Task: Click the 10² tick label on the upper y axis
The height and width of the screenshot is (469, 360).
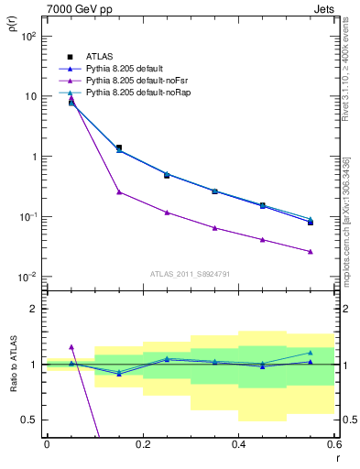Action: tap(29, 36)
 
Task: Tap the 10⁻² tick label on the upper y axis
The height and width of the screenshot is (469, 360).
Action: tap(29, 278)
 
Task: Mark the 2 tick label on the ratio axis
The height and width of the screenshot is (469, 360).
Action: tap(35, 309)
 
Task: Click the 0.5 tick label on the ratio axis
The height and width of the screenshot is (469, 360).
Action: tap(31, 420)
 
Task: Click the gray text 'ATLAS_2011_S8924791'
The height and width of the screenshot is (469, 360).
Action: tap(189, 273)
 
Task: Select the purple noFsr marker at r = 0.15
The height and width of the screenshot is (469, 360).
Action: tap(119, 191)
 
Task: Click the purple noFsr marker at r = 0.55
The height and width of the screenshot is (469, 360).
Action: tap(311, 251)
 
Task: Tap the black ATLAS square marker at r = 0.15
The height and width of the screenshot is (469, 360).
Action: tap(119, 147)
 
